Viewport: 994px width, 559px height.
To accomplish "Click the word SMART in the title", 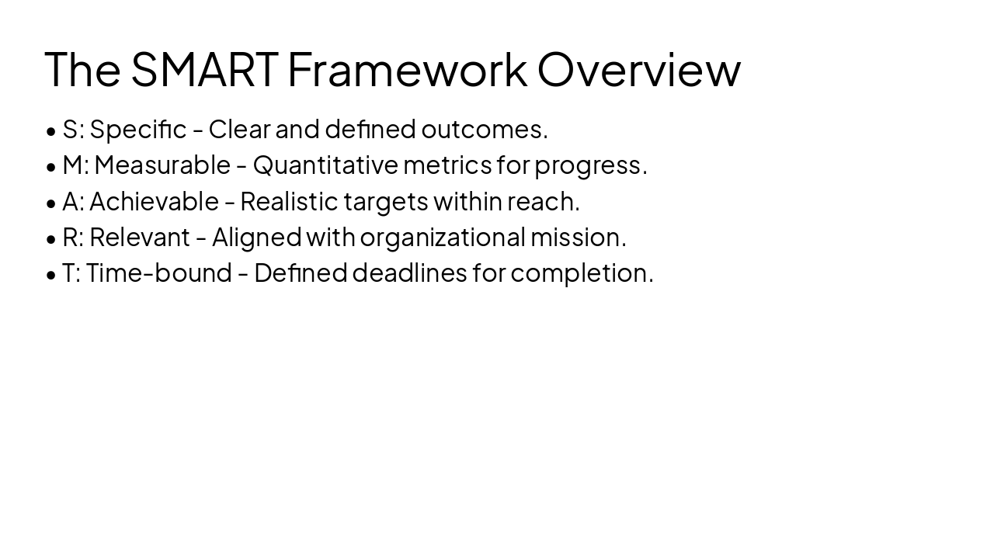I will (204, 69).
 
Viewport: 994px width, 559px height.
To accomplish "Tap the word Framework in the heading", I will (407, 69).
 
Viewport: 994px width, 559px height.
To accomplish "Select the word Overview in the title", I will (638, 69).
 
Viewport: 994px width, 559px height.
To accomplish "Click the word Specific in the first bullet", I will (138, 130).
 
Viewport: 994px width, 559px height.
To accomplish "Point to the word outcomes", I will (485, 130).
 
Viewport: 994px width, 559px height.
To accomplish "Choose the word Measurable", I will (162, 165).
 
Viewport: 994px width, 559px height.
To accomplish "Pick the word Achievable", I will (154, 202).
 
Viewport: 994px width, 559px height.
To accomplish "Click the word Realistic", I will (289, 202).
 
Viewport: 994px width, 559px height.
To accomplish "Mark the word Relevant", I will (140, 238).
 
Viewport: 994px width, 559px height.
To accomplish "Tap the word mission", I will (578, 238).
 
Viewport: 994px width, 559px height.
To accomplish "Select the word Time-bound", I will (159, 273).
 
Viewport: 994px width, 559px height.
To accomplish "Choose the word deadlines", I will (409, 273).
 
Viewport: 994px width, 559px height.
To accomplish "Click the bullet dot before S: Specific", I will (51, 131).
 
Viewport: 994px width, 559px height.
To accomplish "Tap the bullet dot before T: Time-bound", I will (51, 275).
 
